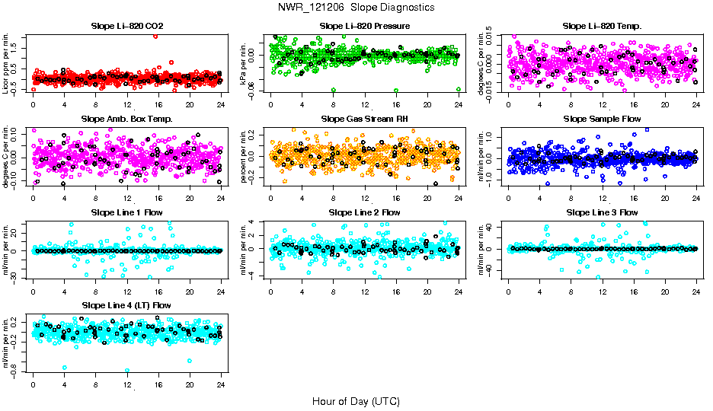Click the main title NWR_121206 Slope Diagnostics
[356, 8]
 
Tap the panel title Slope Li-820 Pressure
[365, 27]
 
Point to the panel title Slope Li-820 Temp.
[602, 27]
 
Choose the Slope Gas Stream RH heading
[365, 119]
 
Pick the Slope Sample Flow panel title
[602, 119]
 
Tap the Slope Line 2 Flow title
[365, 212]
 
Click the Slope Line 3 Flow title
[602, 212]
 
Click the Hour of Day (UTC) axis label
[356, 401]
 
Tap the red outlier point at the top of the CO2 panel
[155, 36]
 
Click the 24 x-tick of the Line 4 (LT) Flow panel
[221, 385]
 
